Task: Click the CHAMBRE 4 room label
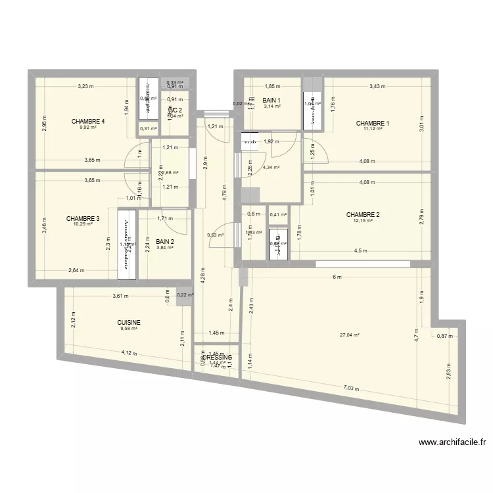pos(89,122)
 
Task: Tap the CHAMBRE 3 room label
pos(83,219)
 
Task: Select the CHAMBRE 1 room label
pos(373,124)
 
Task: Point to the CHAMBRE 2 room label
pos(363,215)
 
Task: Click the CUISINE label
pos(129,323)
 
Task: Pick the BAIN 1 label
pos(271,101)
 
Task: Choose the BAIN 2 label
pos(165,241)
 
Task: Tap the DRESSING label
pos(218,357)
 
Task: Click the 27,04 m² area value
pos(350,335)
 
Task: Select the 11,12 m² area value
pos(373,129)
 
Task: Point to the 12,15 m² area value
pos(363,221)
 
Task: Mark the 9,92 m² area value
pos(89,128)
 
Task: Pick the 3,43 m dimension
pos(377,86)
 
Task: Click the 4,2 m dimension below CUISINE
pos(129,353)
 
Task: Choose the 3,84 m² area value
pos(165,247)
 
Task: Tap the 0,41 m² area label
pos(277,214)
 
